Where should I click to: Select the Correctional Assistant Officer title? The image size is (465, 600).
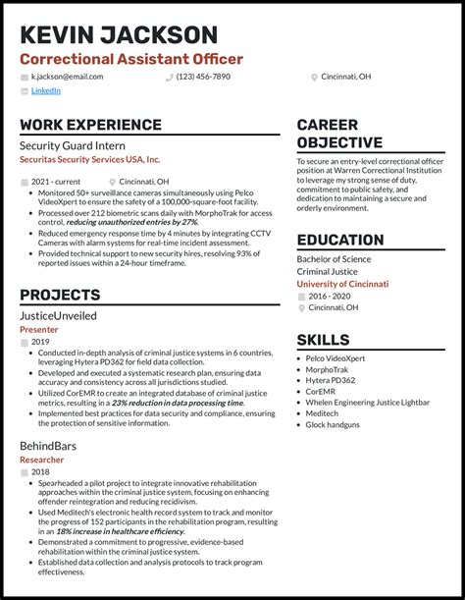pyautogui.click(x=131, y=59)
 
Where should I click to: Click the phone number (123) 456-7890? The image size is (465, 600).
pyautogui.click(x=203, y=77)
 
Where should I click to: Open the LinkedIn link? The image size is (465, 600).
pyautogui.click(x=45, y=91)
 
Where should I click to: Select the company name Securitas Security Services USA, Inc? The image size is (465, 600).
pyautogui.click(x=89, y=159)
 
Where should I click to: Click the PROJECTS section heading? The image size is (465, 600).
pyautogui.click(x=59, y=295)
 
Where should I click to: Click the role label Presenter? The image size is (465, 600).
pyautogui.click(x=39, y=330)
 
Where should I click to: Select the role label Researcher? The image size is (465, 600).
pyautogui.click(x=42, y=458)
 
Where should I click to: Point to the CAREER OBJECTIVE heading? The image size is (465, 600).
pyautogui.click(x=339, y=135)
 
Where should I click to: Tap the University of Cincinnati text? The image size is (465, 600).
pyautogui.click(x=342, y=284)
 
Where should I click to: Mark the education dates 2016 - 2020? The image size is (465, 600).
pyautogui.click(x=331, y=296)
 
